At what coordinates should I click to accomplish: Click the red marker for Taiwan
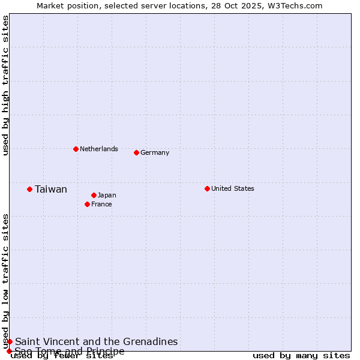(x=29, y=190)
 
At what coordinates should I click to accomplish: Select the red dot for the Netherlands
(x=76, y=149)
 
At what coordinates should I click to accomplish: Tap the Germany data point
(x=136, y=152)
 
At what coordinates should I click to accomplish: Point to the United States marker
(x=207, y=188)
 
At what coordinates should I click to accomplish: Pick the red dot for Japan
(x=94, y=195)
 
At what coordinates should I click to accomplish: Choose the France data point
(x=87, y=204)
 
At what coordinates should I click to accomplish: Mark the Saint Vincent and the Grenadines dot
(x=10, y=341)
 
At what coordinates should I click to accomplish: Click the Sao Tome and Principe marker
(x=9, y=351)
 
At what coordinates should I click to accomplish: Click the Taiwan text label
(x=51, y=190)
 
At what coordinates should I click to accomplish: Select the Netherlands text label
(x=99, y=149)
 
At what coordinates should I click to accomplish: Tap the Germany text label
(x=155, y=152)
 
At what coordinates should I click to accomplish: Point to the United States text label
(x=233, y=188)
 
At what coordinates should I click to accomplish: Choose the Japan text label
(x=107, y=195)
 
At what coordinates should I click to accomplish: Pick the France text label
(x=101, y=204)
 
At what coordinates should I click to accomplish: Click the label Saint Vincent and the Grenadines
(x=97, y=341)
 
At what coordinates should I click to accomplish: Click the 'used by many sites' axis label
(x=301, y=356)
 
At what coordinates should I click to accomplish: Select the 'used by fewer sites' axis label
(x=62, y=356)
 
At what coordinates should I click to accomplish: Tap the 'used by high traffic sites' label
(x=6, y=85)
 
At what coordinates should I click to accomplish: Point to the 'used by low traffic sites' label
(x=6, y=281)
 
